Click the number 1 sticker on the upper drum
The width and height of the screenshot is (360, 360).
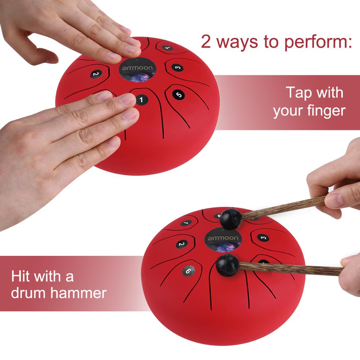(141, 100)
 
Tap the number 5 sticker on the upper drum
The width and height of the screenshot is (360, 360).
(179, 94)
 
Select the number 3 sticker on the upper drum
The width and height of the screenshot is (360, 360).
(176, 67)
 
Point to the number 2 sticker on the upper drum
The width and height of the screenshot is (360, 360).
(95, 74)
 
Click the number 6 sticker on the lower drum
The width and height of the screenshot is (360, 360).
(188, 271)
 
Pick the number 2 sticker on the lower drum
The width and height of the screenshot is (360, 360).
(182, 244)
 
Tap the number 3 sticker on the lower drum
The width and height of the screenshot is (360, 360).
(263, 238)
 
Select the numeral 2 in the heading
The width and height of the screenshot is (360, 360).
(206, 42)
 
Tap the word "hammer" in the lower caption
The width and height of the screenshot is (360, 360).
(78, 293)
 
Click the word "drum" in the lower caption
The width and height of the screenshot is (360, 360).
(28, 293)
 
